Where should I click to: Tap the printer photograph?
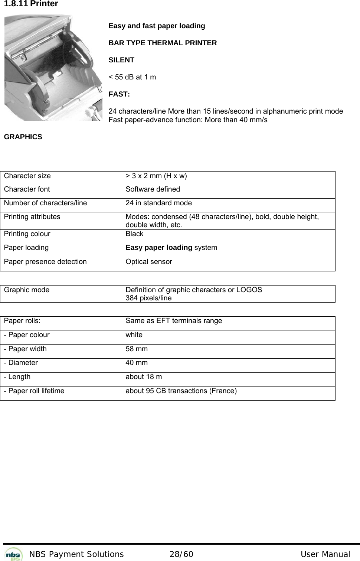(x=53, y=68)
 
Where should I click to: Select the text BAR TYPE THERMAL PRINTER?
(x=163, y=43)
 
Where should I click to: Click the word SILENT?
(x=121, y=60)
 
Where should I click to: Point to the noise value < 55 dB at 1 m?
(x=132, y=77)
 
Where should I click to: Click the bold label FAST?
(x=119, y=94)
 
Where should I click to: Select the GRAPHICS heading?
(x=23, y=137)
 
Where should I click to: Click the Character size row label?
(x=27, y=176)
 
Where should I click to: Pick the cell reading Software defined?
(x=153, y=189)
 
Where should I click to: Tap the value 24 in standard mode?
(x=158, y=203)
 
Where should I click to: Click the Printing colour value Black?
(x=134, y=234)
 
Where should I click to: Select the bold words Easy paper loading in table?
(x=159, y=248)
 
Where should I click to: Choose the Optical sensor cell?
(x=149, y=262)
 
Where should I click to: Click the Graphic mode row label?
(x=27, y=290)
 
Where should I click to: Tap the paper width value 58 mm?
(x=137, y=349)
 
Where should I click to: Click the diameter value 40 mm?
(x=137, y=363)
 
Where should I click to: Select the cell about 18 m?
(x=144, y=377)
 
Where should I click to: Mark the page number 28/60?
(x=181, y=554)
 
